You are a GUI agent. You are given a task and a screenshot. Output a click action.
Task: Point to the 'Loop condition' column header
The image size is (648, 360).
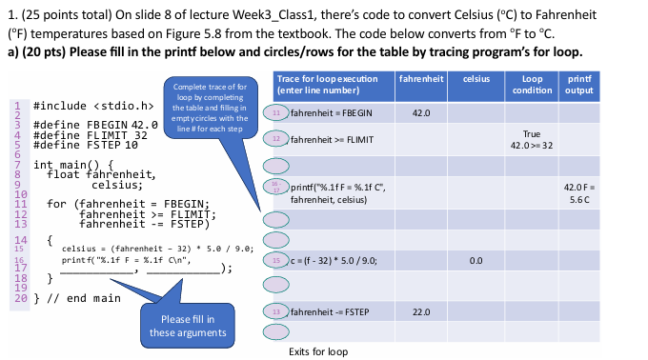pos(532,83)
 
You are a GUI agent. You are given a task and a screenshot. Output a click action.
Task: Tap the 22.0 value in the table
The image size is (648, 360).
pos(420,311)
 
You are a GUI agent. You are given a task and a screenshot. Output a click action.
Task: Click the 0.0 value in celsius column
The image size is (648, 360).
pos(476,259)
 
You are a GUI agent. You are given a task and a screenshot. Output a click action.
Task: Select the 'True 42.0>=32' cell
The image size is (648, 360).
pos(532,140)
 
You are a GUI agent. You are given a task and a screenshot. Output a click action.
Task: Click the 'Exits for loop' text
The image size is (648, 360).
pos(318,351)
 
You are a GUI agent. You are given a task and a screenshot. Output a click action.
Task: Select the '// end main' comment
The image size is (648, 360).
pos(83,298)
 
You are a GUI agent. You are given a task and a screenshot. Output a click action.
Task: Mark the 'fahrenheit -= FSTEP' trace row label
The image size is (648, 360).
pos(329,311)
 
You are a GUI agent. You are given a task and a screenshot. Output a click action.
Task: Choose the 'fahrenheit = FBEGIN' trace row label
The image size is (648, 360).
pos(331,112)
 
